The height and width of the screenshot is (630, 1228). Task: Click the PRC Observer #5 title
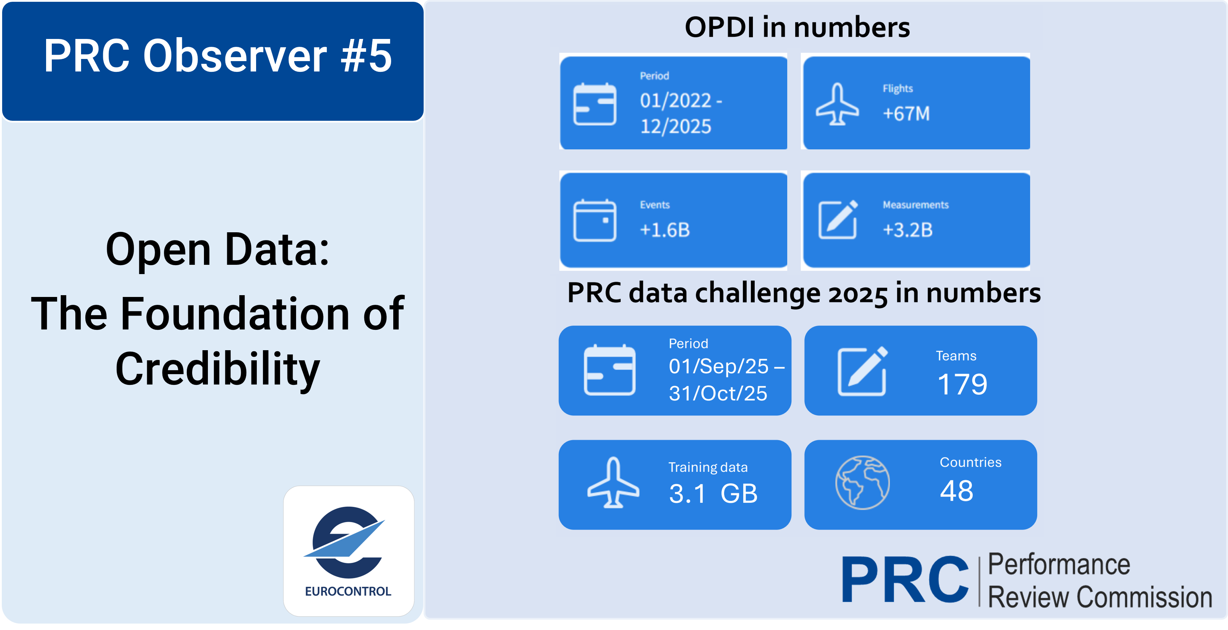(x=218, y=56)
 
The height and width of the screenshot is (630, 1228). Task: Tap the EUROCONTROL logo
(x=349, y=551)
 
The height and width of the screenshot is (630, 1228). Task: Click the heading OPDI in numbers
(x=797, y=27)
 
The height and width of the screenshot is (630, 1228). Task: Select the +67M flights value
(x=906, y=114)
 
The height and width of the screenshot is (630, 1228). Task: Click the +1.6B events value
(x=664, y=230)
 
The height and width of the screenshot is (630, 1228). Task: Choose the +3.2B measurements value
(x=908, y=230)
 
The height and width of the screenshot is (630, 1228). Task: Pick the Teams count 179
(x=962, y=385)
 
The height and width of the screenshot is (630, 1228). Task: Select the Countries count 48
(x=956, y=491)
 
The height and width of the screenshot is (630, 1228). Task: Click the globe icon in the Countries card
(x=862, y=483)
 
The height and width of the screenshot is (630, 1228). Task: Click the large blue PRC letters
(x=905, y=580)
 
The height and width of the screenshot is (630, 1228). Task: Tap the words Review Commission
(x=1100, y=597)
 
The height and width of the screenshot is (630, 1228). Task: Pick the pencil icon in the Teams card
(x=862, y=371)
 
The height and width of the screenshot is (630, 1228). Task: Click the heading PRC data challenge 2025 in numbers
(x=804, y=293)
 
